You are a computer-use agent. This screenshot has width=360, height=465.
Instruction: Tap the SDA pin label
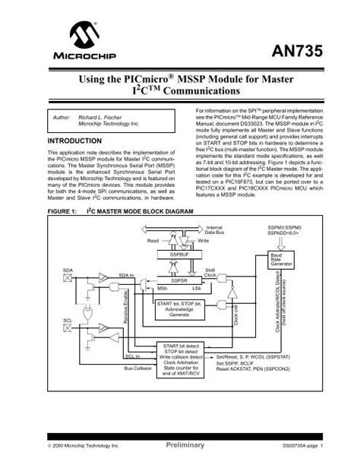click(68, 270)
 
